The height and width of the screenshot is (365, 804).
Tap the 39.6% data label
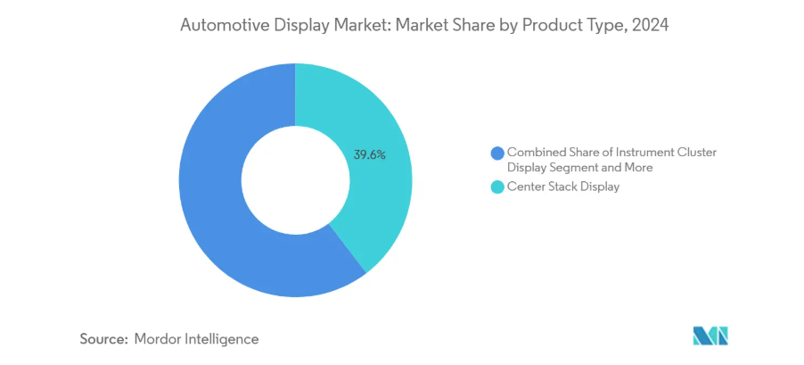pyautogui.click(x=369, y=154)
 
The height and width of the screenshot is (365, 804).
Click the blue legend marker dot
pyautogui.click(x=496, y=153)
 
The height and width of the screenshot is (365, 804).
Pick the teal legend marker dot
pyautogui.click(x=496, y=187)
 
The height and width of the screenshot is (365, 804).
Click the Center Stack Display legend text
pyautogui.click(x=562, y=187)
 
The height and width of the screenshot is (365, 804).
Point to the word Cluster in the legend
pyautogui.click(x=697, y=153)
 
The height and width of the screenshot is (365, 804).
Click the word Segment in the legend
pyautogui.click(x=575, y=167)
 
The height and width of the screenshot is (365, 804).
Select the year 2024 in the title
pyautogui.click(x=651, y=27)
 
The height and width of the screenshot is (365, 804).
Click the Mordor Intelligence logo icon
pyautogui.click(x=710, y=336)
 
